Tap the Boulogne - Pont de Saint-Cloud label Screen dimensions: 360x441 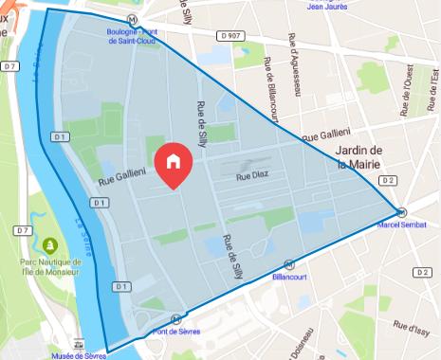click(138, 36)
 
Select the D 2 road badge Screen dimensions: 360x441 click(386, 179)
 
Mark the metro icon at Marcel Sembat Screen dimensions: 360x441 click(402, 212)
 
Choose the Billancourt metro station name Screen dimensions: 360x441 click(289, 278)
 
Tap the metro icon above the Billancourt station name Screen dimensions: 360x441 click(289, 265)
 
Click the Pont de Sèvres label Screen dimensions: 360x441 click(175, 333)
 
